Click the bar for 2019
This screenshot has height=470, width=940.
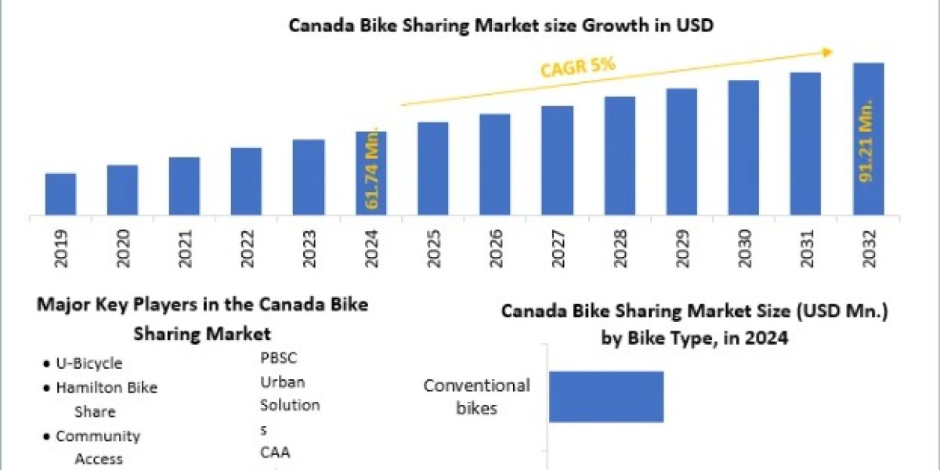(60, 194)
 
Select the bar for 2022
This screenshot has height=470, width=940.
(246, 181)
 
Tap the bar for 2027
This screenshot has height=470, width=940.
(557, 160)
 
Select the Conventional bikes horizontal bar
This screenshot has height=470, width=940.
(606, 396)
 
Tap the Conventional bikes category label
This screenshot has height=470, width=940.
(477, 396)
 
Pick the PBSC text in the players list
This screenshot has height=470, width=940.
(279, 358)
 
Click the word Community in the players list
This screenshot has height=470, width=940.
(98, 436)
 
